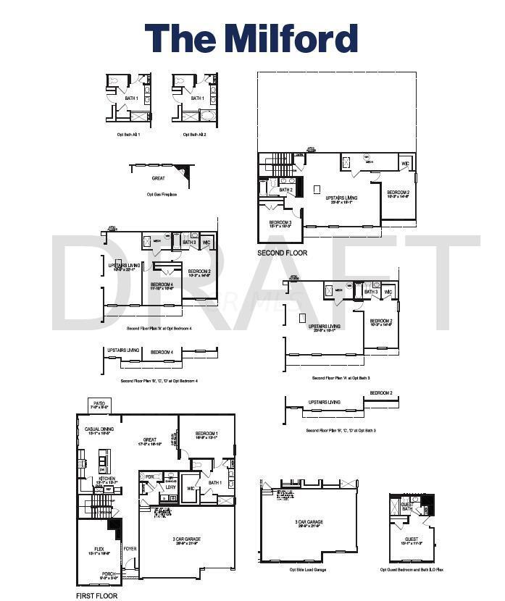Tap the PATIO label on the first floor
pos(99,403)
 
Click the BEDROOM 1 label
pos(206,432)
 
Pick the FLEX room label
pos(100,550)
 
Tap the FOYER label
pos(130,549)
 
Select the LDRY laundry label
pos(170,487)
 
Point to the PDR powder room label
pos(150,476)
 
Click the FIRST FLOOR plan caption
pos(96,596)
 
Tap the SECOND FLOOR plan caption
pos(283,253)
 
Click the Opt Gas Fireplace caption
pos(162,194)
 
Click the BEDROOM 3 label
pos(280,223)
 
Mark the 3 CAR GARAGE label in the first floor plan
pos(186,539)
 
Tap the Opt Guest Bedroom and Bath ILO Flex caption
pos(412,570)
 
